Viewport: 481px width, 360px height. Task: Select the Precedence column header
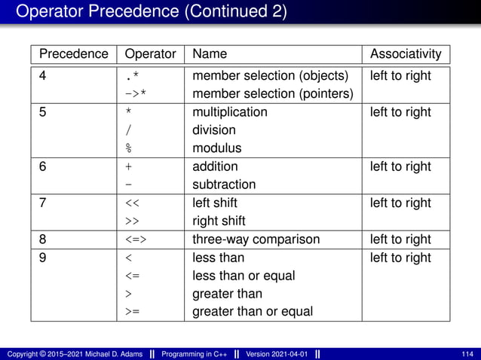coord(73,54)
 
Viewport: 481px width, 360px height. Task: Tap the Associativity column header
coord(406,54)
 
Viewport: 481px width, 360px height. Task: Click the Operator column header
coord(150,54)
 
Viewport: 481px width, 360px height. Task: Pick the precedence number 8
coord(44,239)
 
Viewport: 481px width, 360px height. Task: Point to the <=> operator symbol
coord(136,239)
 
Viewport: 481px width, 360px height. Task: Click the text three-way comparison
coord(256,239)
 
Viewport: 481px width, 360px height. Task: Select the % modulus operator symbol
coord(129,148)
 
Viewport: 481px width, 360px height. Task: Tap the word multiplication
coord(230,112)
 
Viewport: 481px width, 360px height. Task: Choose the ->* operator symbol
coord(136,94)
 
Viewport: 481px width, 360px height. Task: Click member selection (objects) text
coord(271,76)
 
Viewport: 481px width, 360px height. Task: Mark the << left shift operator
coord(132,203)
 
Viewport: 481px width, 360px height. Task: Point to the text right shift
coord(219,221)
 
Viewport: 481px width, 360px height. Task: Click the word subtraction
coord(224,185)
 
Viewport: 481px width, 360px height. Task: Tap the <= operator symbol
coord(132,276)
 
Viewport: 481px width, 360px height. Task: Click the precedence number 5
coord(44,112)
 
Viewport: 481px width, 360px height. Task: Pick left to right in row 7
coord(400,203)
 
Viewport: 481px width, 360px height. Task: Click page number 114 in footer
coord(468,354)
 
